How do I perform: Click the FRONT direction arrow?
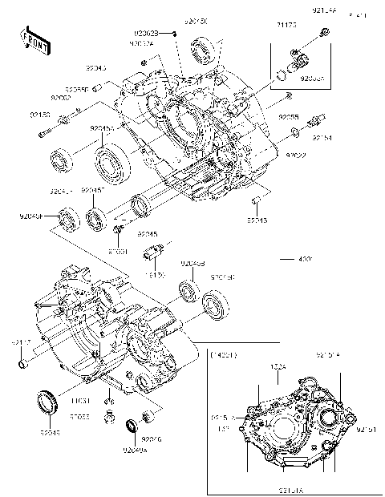pyautogui.click(x=31, y=38)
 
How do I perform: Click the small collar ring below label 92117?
pyautogui.click(x=24, y=367)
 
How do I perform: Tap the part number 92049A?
pyautogui.click(x=135, y=451)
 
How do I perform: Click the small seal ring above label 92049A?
pyautogui.click(x=131, y=426)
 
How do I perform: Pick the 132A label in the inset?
pyautogui.click(x=278, y=367)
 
